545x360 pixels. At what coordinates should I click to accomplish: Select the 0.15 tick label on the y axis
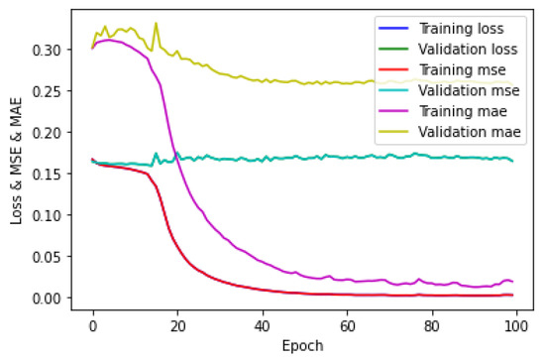(x=53, y=174)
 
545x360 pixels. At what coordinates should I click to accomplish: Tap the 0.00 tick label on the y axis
(x=53, y=298)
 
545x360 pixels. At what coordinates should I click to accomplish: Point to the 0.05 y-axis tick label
(x=53, y=256)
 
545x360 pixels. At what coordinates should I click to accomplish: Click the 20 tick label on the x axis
(x=177, y=323)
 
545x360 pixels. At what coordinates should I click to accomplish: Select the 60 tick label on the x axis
(x=347, y=323)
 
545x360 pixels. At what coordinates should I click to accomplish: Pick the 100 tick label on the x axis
(x=515, y=323)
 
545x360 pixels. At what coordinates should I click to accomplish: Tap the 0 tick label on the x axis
(x=93, y=323)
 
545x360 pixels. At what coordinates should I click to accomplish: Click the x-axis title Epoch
(x=304, y=344)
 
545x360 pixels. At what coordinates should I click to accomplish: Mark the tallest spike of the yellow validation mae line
(x=156, y=23)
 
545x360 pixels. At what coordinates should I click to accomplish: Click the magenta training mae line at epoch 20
(x=177, y=159)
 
